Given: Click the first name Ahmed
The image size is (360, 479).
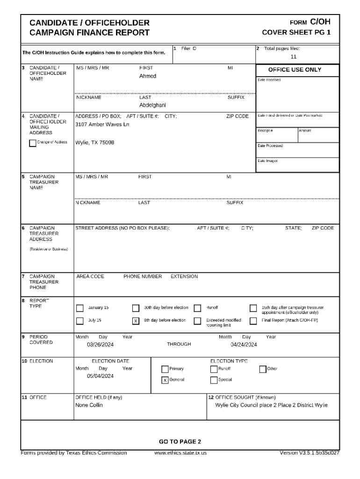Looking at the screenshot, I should [148, 76].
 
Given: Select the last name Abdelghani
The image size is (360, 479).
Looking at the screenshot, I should [152, 105].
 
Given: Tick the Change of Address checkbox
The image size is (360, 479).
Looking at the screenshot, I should [32, 143].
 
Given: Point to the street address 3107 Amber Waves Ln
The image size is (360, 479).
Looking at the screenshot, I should [102, 124].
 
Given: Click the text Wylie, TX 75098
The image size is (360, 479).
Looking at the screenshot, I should [95, 142].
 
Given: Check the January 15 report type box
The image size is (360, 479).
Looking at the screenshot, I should [79, 308].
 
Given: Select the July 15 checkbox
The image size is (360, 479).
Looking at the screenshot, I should [79, 321].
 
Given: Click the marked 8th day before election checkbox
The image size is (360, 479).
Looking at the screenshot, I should [136, 321].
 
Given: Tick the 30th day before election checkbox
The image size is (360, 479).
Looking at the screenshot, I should [136, 308].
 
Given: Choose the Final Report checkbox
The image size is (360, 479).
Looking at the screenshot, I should [253, 321].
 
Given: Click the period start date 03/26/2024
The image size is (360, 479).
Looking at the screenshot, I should [101, 345].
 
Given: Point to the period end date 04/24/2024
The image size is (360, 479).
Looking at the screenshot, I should [244, 345].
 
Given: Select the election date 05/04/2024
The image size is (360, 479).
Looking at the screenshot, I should [101, 376].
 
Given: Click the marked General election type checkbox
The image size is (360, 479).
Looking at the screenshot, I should [165, 380].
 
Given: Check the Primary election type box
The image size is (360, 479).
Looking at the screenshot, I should [165, 369].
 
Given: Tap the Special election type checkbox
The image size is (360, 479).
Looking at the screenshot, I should [214, 380].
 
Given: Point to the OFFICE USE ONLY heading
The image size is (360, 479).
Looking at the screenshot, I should [295, 70].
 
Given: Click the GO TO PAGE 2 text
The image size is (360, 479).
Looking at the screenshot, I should [180, 442].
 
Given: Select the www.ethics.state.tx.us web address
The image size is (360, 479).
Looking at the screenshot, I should [180, 453].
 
